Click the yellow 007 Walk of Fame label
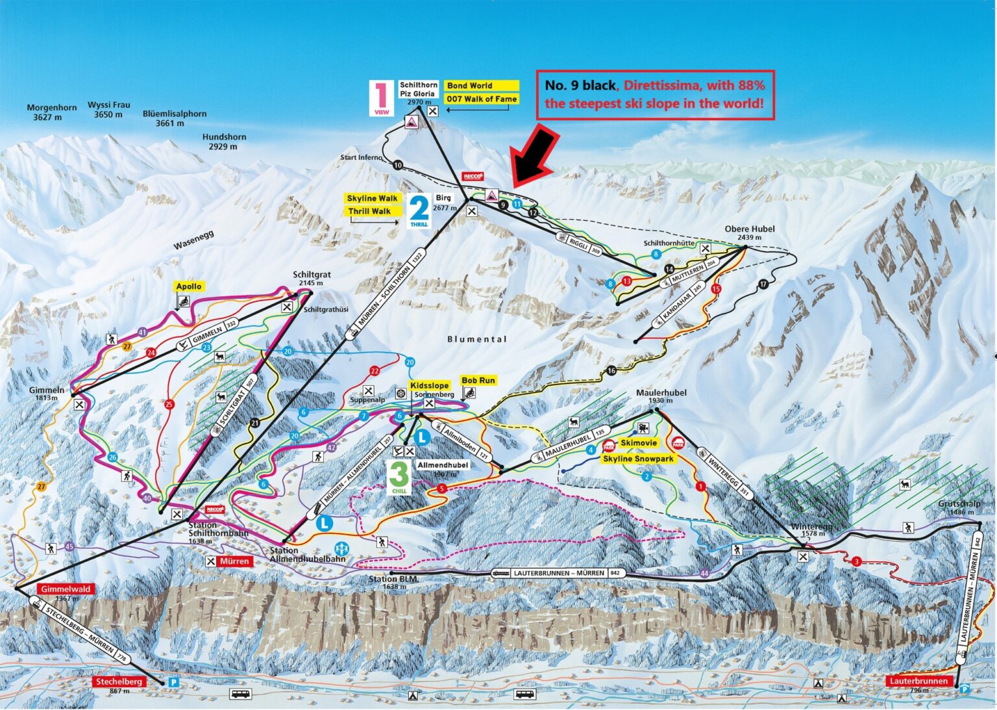click(481, 99)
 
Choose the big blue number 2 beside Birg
click(419, 209)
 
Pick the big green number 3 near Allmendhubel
click(399, 475)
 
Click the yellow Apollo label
click(188, 286)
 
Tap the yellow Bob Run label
click(478, 381)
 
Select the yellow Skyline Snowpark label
click(638, 459)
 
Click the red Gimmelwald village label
click(66, 589)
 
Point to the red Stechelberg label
click(119, 682)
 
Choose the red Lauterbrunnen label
click(918, 681)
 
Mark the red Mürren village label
click(234, 561)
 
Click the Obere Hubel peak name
click(750, 229)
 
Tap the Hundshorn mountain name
click(224, 137)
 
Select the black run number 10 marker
click(397, 165)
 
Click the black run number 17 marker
click(763, 284)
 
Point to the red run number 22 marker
click(375, 371)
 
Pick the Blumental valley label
click(477, 339)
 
